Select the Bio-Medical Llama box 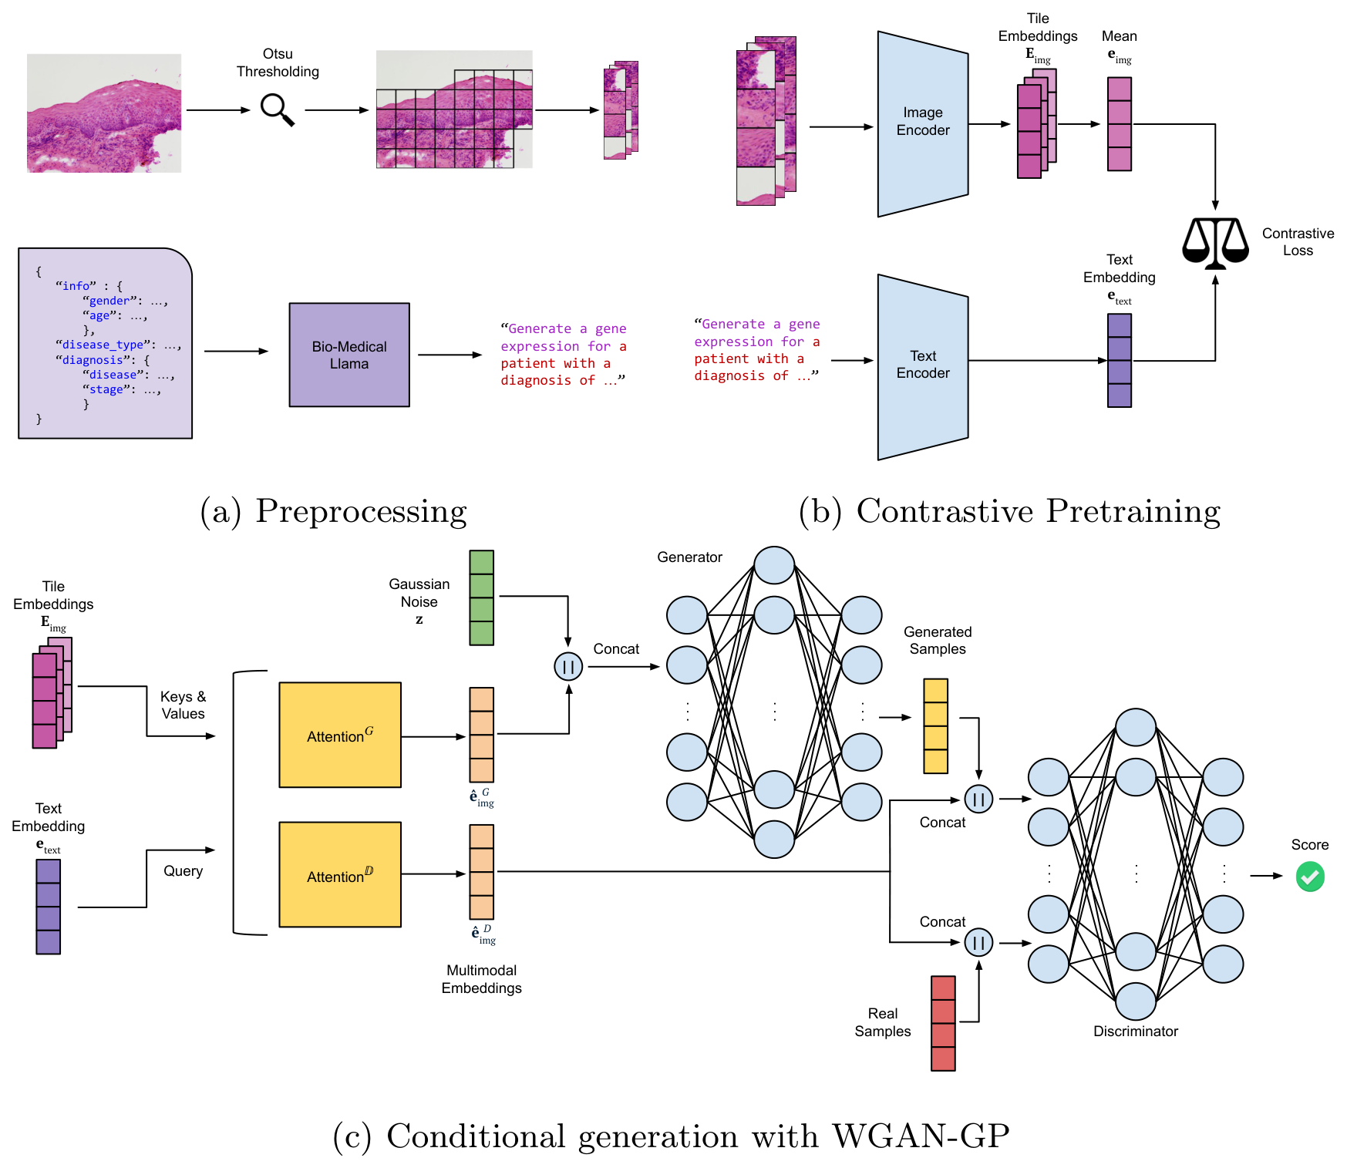pyautogui.click(x=349, y=355)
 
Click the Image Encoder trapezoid pyautogui.click(x=923, y=124)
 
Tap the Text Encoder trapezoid pyautogui.click(x=923, y=367)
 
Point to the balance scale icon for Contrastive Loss pyautogui.click(x=1215, y=243)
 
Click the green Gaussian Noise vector pyautogui.click(x=482, y=597)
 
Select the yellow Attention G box pyautogui.click(x=340, y=735)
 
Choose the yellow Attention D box pyautogui.click(x=340, y=874)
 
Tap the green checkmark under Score pyautogui.click(x=1310, y=877)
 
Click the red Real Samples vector pyautogui.click(x=943, y=1023)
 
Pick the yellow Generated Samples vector pyautogui.click(x=936, y=725)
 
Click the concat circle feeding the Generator pyautogui.click(x=568, y=667)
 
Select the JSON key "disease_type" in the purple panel pyautogui.click(x=103, y=345)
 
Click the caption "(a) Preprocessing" pyautogui.click(x=333, y=511)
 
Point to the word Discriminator pyautogui.click(x=1136, y=1032)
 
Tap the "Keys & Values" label pyautogui.click(x=183, y=705)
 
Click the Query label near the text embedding pyautogui.click(x=183, y=871)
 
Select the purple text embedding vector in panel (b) pyautogui.click(x=1120, y=360)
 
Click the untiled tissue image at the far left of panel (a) pyautogui.click(x=104, y=113)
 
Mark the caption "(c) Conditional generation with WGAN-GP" pyautogui.click(x=671, y=1136)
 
